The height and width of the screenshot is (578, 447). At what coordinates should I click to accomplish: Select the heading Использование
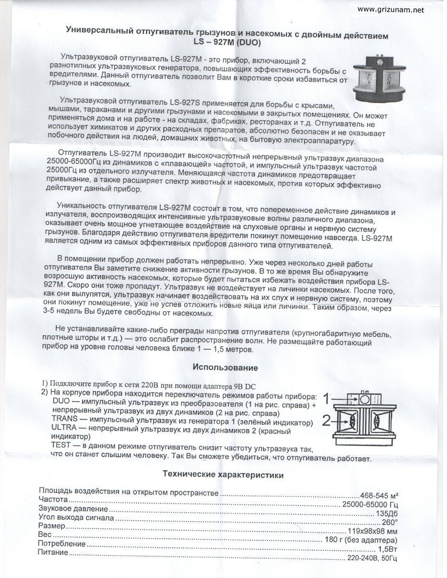(x=225, y=368)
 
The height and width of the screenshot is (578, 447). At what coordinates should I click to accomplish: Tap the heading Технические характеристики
(x=223, y=475)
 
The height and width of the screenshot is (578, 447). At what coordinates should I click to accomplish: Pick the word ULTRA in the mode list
(x=63, y=428)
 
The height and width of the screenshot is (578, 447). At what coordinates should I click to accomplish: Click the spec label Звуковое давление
(x=73, y=509)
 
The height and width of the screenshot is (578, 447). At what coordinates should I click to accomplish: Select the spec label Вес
(x=45, y=535)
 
